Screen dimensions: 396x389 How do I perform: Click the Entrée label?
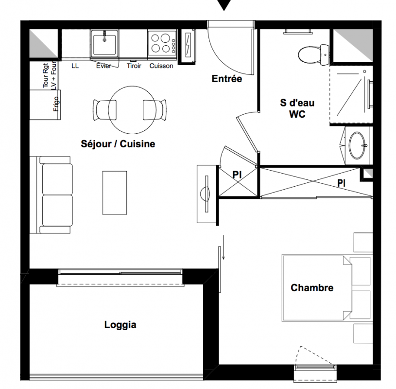pos(226,79)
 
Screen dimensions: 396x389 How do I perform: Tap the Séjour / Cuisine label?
pos(118,144)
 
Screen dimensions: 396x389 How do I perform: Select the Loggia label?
pos(120,325)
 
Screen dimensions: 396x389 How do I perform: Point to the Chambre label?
pos(312,288)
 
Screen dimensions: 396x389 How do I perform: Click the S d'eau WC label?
pos(297,108)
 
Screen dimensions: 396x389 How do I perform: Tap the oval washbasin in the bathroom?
pos(357,145)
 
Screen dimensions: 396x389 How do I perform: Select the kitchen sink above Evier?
pos(104,44)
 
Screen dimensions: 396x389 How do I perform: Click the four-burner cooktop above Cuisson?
pos(162,43)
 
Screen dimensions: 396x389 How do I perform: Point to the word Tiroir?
pos(134,66)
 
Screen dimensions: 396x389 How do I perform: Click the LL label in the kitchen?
pos(75,66)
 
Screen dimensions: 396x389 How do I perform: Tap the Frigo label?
pos(56,104)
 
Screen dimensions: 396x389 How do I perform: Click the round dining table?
pos(132,110)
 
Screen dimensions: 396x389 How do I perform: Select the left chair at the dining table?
pos(105,110)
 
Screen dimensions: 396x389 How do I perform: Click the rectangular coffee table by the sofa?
pos(115,193)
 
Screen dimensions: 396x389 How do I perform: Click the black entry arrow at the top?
pos(224,4)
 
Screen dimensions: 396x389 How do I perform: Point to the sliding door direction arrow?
pos(224,247)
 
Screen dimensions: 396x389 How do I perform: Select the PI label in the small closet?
pos(237,175)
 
